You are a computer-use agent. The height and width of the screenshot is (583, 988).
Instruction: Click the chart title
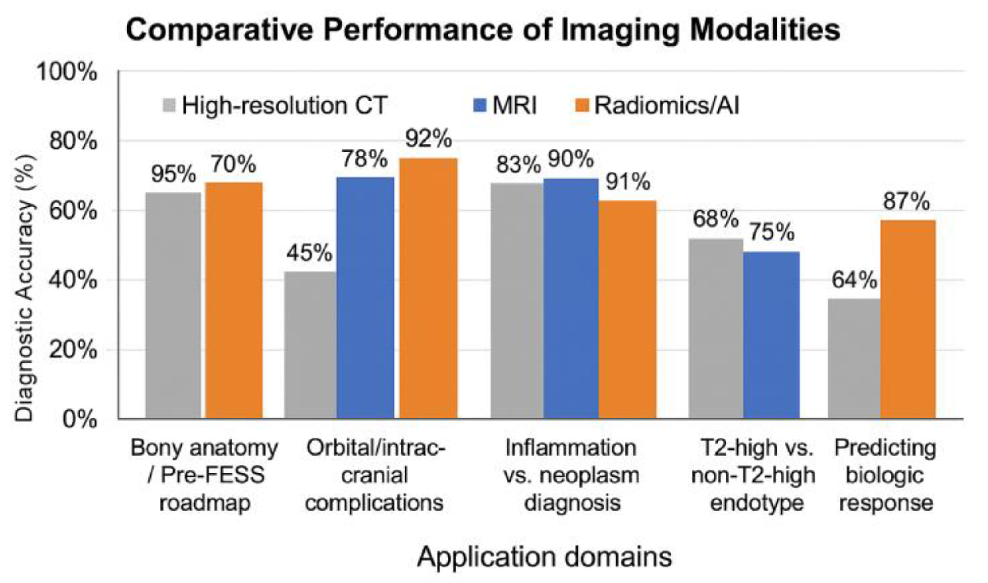[x=483, y=30]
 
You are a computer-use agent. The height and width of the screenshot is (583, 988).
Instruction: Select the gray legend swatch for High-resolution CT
[x=169, y=106]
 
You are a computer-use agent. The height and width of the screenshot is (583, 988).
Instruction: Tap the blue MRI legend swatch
[x=479, y=106]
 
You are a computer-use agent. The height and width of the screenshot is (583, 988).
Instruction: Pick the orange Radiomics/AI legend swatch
[x=582, y=106]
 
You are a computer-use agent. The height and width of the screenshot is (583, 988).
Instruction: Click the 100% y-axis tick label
[x=67, y=72]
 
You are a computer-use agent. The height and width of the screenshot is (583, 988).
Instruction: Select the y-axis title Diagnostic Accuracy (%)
[x=24, y=288]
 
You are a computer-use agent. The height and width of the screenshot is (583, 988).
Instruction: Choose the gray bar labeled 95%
[x=173, y=305]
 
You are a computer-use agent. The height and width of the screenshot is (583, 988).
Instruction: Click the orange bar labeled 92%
[x=428, y=288]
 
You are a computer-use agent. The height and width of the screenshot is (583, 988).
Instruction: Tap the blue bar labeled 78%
[x=365, y=298]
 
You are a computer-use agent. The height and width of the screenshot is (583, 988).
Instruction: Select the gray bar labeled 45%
[x=310, y=345]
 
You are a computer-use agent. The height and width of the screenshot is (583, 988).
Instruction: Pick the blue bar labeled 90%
[x=571, y=299]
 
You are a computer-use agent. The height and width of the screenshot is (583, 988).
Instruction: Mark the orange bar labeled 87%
[x=908, y=319]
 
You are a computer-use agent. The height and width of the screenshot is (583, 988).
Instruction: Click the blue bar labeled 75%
[x=772, y=335]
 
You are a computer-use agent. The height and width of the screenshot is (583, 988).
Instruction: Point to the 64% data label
[x=854, y=281]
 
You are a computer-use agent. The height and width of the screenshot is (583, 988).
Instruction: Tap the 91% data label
[x=628, y=182]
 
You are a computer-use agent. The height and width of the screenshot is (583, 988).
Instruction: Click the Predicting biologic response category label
[x=886, y=475]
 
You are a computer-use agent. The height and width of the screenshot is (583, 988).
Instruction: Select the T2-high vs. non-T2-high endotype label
[x=754, y=475]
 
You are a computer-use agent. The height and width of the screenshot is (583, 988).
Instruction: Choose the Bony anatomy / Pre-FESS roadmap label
[x=204, y=475]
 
